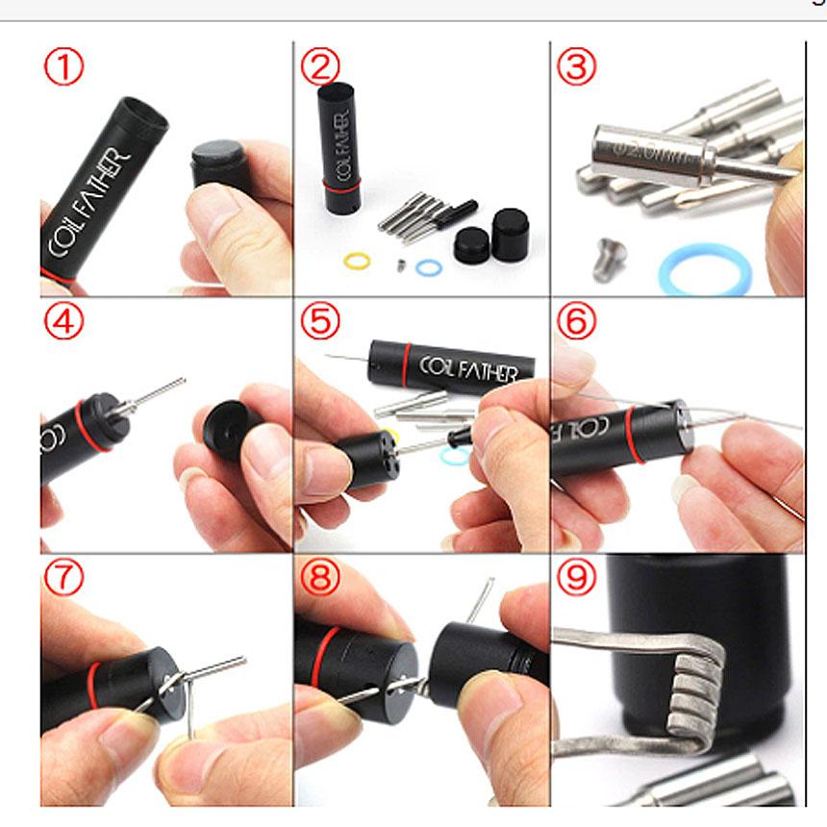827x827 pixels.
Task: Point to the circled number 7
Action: point(63,578)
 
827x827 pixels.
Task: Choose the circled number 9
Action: point(576,578)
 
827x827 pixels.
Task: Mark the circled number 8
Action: point(320,578)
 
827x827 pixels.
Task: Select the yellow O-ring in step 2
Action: point(358,260)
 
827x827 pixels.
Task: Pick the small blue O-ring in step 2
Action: point(429,266)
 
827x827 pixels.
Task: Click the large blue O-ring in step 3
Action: point(701,268)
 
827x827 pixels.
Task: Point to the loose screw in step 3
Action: point(610,258)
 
